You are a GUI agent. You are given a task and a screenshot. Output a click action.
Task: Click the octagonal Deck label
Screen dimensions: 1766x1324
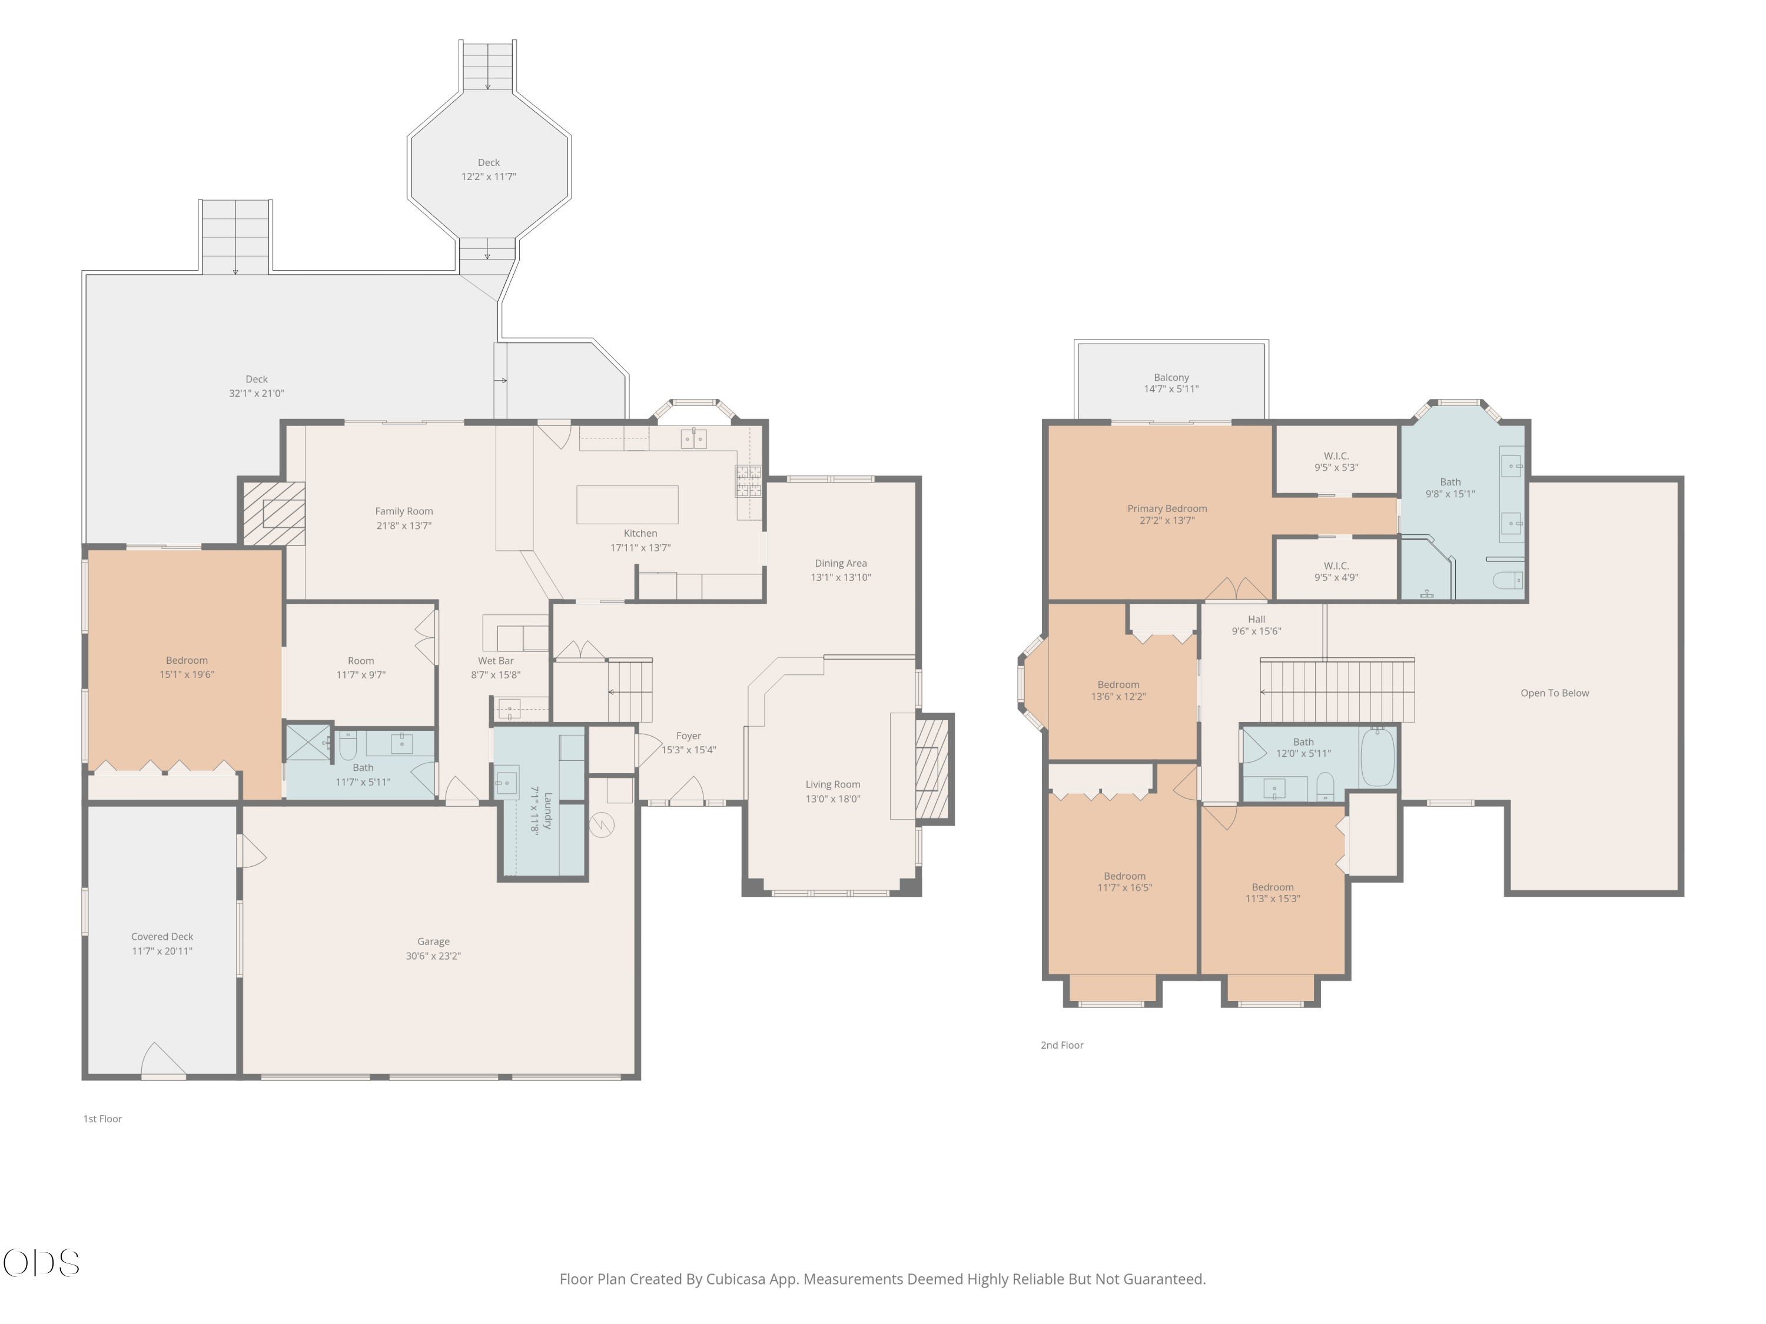pyautogui.click(x=489, y=162)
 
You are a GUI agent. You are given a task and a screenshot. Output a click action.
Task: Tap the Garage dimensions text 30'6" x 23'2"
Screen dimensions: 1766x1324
pyautogui.click(x=433, y=955)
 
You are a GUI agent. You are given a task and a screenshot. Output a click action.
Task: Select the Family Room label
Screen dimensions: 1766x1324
pyautogui.click(x=404, y=511)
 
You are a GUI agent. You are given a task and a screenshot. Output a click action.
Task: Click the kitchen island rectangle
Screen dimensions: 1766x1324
pyautogui.click(x=628, y=504)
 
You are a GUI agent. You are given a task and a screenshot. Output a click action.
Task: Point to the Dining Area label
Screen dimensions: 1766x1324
pyautogui.click(x=841, y=563)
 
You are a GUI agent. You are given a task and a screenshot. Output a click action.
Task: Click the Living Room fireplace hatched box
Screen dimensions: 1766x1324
pyautogui.click(x=933, y=768)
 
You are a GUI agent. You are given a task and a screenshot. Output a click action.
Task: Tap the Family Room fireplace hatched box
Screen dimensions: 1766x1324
pyautogui.click(x=274, y=513)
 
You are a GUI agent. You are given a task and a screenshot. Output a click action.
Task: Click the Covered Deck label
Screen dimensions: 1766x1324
pyautogui.click(x=162, y=936)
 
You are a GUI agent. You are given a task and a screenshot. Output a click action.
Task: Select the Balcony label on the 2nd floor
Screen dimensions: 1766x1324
pyautogui.click(x=1171, y=378)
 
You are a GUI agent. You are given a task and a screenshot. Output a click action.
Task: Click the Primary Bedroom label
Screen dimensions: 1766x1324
pyautogui.click(x=1167, y=508)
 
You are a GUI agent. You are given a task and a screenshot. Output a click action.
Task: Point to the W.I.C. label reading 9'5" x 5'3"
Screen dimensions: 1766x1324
pyautogui.click(x=1336, y=462)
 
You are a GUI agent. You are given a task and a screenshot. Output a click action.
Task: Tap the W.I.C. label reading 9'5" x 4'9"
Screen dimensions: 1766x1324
pyautogui.click(x=1336, y=571)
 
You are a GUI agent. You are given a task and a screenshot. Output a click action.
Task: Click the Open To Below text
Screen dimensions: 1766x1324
pyautogui.click(x=1555, y=693)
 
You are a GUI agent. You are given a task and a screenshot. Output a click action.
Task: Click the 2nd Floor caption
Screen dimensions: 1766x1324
pyautogui.click(x=1062, y=1044)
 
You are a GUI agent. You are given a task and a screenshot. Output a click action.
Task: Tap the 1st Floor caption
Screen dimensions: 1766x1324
pyautogui.click(x=103, y=1118)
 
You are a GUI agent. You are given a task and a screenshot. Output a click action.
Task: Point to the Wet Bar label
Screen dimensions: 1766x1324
pyautogui.click(x=496, y=660)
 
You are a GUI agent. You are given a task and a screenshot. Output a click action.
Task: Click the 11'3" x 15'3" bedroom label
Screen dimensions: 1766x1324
pyautogui.click(x=1273, y=892)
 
